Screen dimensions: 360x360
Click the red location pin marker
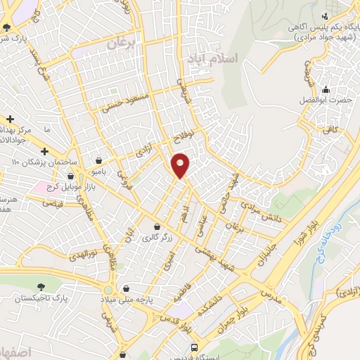click(x=181, y=165)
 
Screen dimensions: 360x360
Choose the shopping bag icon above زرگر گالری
click(x=156, y=227)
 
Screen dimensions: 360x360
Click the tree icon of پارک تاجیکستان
click(x=41, y=285)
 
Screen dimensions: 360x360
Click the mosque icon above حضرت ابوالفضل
click(x=325, y=90)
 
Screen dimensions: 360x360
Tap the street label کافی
click(x=330, y=129)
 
